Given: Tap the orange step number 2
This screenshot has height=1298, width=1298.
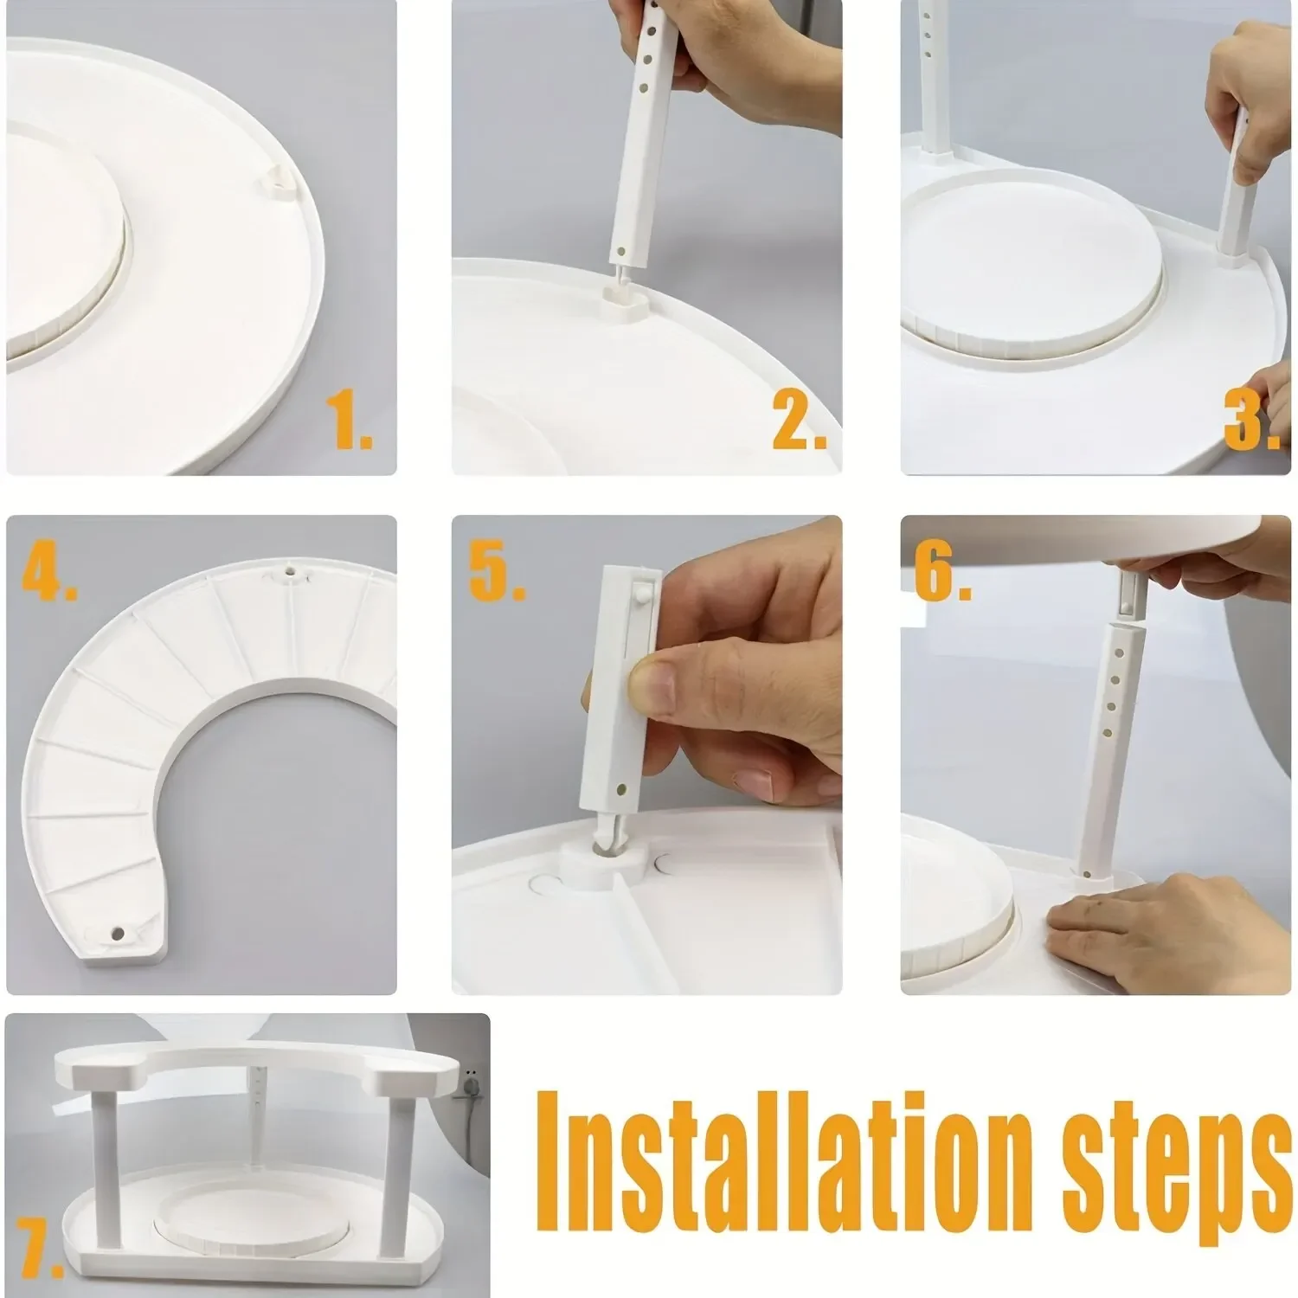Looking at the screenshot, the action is [x=800, y=420].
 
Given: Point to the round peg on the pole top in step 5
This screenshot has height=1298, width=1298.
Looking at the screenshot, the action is [x=640, y=592].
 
